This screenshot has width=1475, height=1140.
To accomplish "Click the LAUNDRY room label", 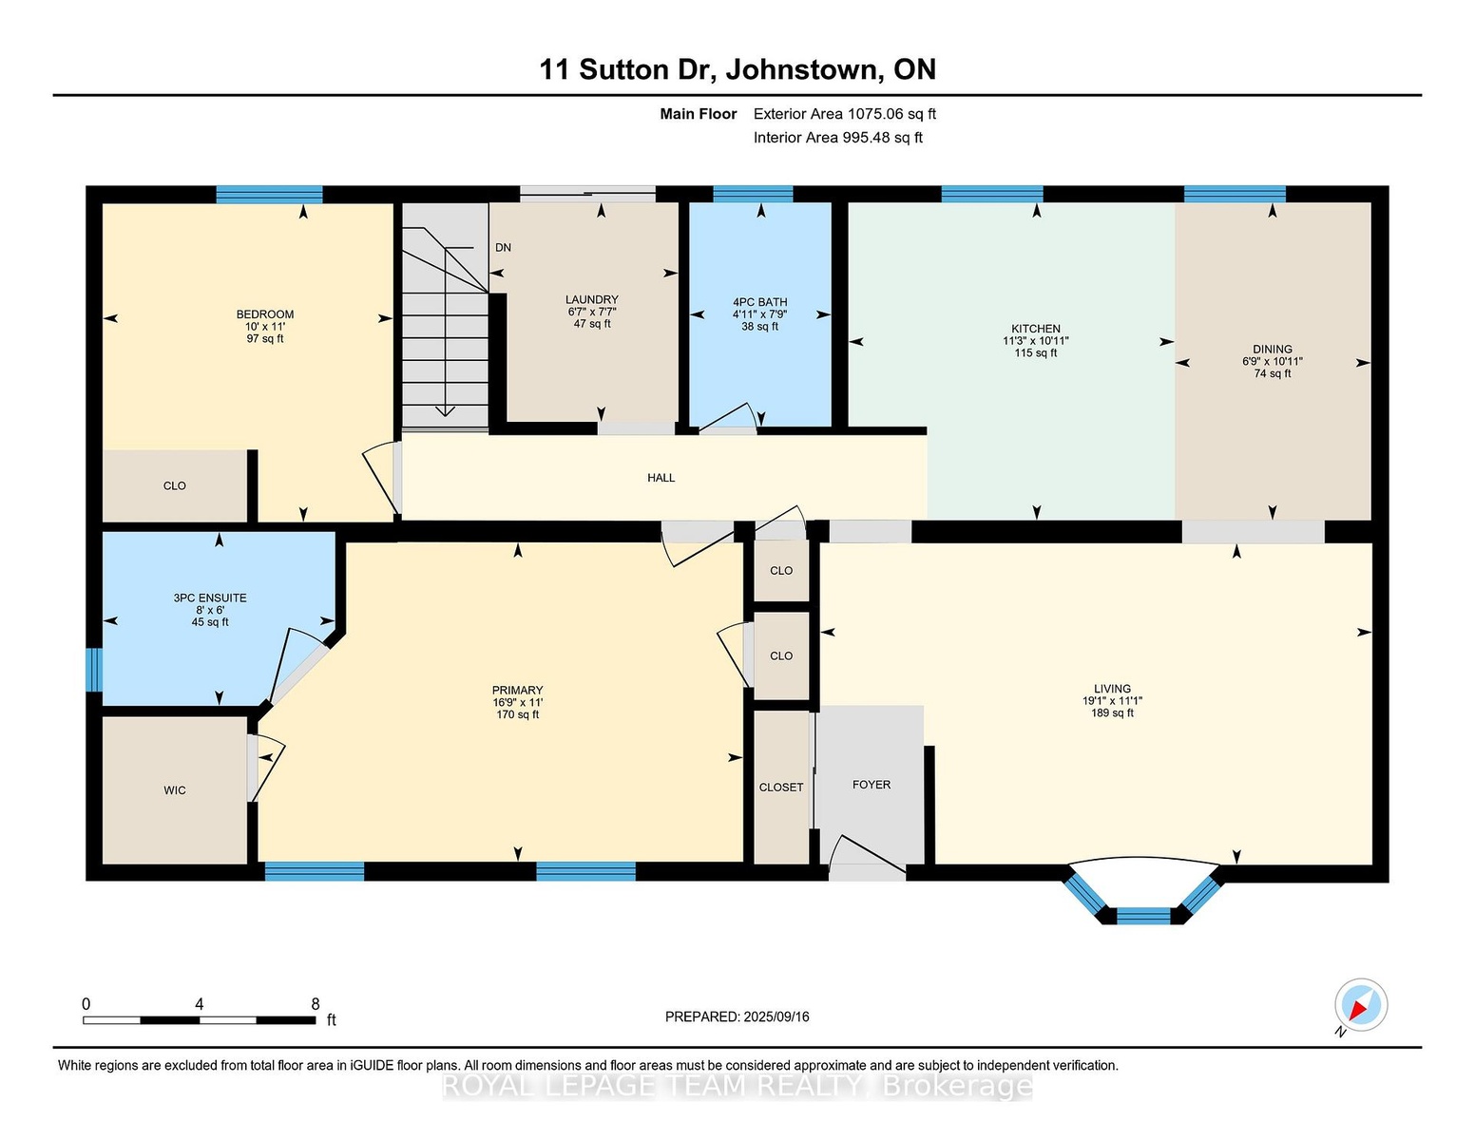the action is [x=592, y=299].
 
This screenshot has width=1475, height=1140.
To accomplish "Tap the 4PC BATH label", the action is [x=759, y=302].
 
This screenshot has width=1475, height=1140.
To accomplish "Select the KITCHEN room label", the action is [x=1036, y=329].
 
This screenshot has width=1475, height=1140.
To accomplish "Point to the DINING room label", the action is [x=1272, y=350].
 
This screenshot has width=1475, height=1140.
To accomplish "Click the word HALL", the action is [x=661, y=478].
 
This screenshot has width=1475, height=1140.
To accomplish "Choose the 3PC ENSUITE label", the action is [x=210, y=598].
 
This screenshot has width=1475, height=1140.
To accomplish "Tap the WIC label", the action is [x=175, y=790].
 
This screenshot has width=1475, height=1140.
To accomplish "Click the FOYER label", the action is [x=871, y=784].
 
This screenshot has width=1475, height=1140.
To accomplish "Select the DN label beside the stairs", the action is [x=503, y=248].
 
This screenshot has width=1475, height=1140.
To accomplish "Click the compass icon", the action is [x=1360, y=1004].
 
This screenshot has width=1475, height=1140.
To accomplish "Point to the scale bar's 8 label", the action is [x=315, y=1004].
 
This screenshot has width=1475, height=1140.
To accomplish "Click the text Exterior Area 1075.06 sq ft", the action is [x=844, y=114].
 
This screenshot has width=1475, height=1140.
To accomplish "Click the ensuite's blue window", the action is [x=93, y=670].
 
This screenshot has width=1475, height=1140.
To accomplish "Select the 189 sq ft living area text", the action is [x=1112, y=712].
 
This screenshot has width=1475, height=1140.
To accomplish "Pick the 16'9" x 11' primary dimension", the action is [x=517, y=703].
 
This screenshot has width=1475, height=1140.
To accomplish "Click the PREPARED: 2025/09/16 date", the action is [x=737, y=1017].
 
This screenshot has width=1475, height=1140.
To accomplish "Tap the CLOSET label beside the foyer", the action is [x=780, y=788].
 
